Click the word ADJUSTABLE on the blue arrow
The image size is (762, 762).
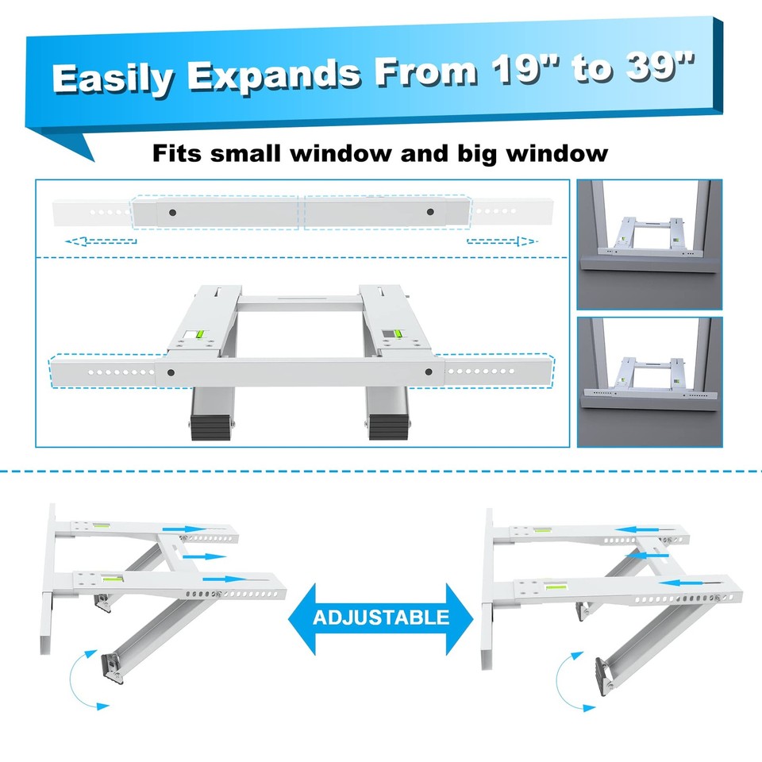click(x=381, y=617)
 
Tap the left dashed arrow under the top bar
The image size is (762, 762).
click(x=101, y=240)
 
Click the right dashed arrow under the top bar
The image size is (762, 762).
click(x=502, y=240)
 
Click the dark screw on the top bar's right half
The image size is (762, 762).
click(x=430, y=212)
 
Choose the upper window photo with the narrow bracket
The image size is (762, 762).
click(x=649, y=244)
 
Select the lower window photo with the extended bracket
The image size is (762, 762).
click(x=649, y=382)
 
